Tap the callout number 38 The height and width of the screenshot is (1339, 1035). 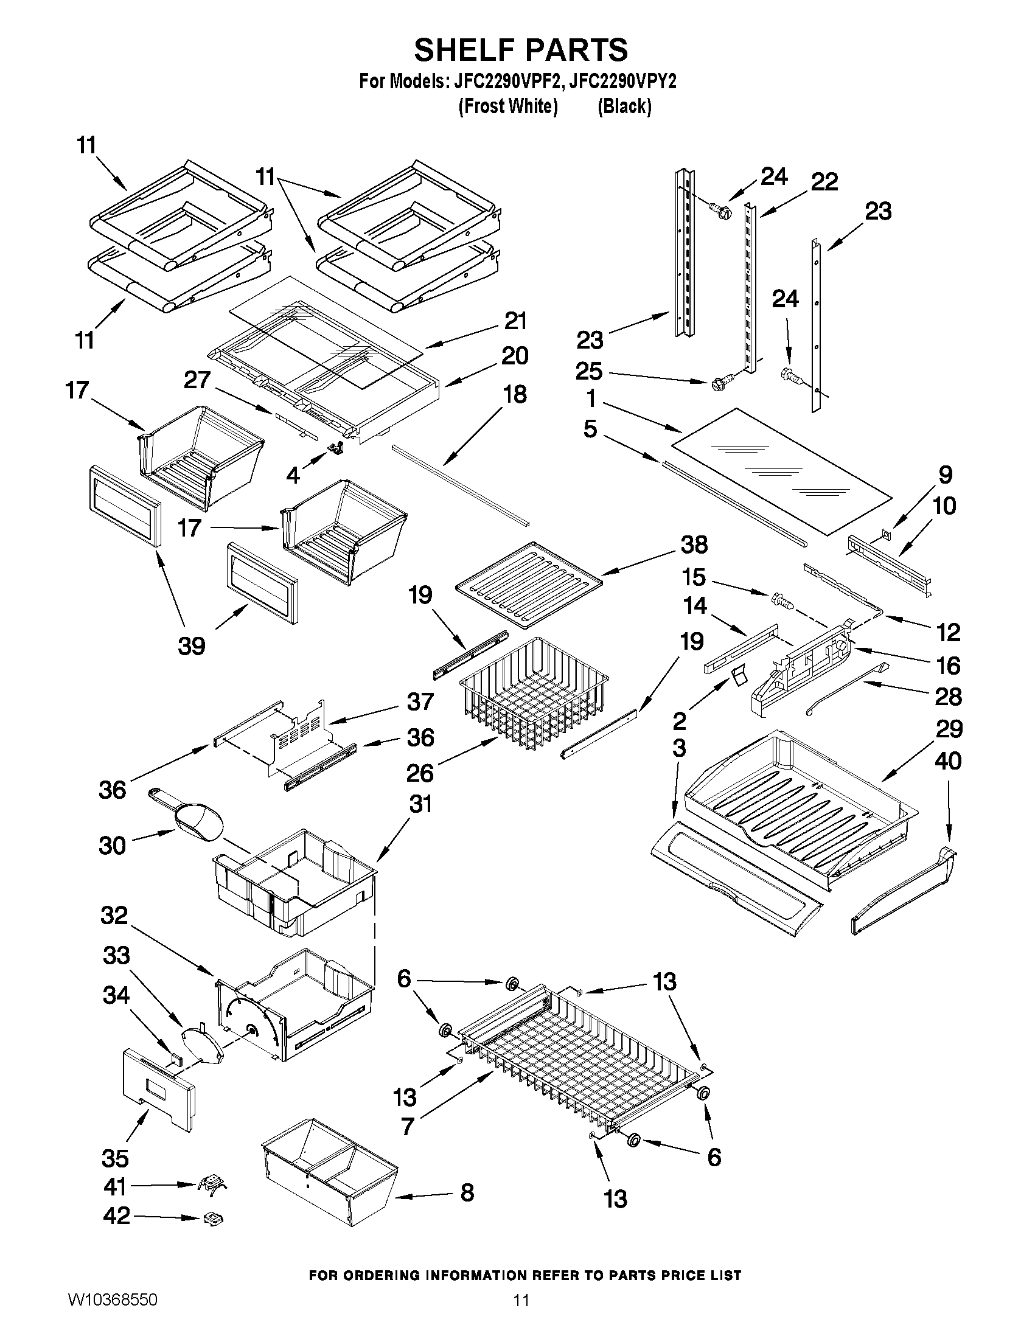[694, 544]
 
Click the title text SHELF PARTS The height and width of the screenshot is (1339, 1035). [521, 50]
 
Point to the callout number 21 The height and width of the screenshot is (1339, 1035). [515, 321]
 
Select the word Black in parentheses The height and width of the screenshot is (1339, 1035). [624, 106]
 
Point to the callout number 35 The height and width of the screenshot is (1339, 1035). [115, 1158]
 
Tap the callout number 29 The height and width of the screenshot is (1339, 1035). [949, 729]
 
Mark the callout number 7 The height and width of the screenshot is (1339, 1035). [408, 1126]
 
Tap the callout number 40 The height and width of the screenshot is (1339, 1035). [948, 762]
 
